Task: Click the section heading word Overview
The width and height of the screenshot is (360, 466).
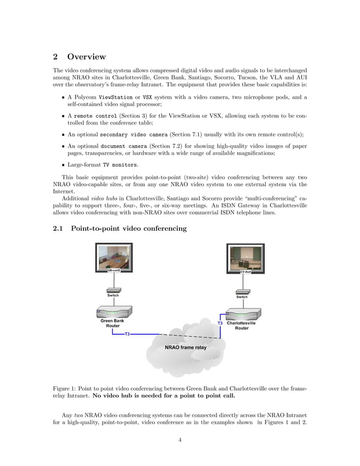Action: click(x=86, y=56)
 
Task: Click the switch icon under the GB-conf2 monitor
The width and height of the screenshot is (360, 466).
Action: click(x=113, y=289)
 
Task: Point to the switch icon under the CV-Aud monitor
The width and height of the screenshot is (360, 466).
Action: click(x=243, y=291)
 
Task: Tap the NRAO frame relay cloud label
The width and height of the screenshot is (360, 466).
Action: click(x=186, y=348)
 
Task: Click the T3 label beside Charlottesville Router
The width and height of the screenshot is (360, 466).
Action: click(x=220, y=324)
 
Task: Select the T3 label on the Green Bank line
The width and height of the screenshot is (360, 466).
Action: click(x=127, y=335)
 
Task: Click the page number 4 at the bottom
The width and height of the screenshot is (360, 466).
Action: click(x=179, y=441)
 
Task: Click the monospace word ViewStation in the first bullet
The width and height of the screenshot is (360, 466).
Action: click(x=116, y=97)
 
